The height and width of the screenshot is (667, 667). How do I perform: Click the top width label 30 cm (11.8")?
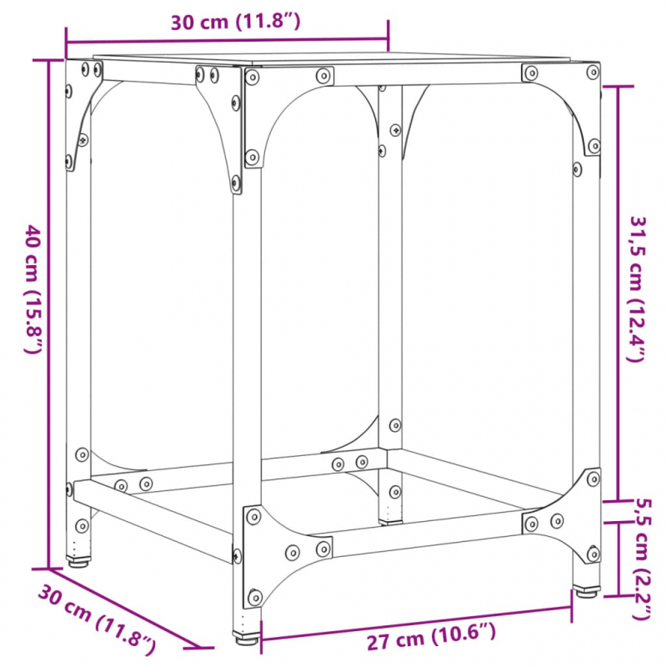point(234,23)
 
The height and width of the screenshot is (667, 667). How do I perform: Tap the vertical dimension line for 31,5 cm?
point(617,292)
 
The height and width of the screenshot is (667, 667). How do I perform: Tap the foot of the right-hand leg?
point(586,591)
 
